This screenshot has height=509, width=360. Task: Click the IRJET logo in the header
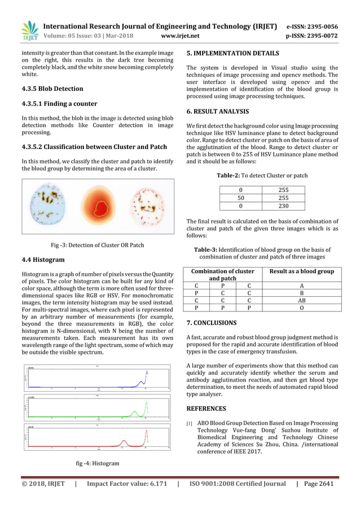[29, 31]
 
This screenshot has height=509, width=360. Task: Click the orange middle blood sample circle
[98, 205]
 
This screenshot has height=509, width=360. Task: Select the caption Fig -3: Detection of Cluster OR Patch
[98, 245]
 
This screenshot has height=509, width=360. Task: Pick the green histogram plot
[98, 406]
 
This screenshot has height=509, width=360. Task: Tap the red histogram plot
[98, 436]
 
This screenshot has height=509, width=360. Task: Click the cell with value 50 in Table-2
[241, 198]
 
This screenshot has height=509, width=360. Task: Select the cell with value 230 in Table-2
[283, 206]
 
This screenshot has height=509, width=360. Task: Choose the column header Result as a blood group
[301, 271]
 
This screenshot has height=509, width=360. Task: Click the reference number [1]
[189, 423]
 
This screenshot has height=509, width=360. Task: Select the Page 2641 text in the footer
[319, 484]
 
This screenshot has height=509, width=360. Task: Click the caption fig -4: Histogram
[98, 463]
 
